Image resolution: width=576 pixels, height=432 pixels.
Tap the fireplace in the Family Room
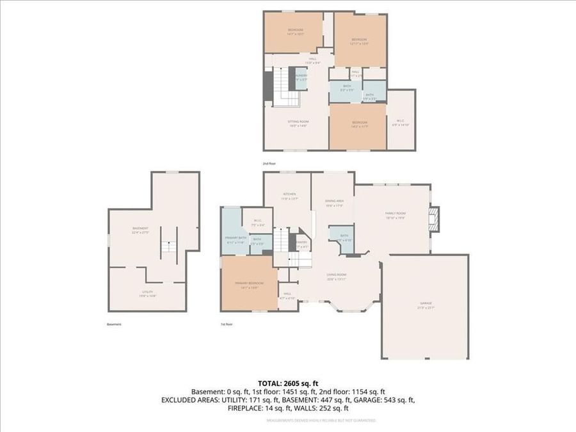pyautogui.click(x=434, y=218)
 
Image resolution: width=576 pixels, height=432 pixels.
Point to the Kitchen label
pyautogui.click(x=289, y=195)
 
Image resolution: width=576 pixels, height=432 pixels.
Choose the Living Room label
pyautogui.click(x=337, y=276)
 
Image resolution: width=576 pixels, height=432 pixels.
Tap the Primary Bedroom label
pyautogui.click(x=249, y=284)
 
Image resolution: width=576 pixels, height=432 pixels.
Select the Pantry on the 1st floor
pyautogui.click(x=302, y=244)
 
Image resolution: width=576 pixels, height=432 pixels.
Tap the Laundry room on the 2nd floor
pyautogui.click(x=301, y=77)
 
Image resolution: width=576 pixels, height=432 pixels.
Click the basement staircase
pyautogui.click(x=168, y=246)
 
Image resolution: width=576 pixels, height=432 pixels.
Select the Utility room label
pyautogui.click(x=148, y=294)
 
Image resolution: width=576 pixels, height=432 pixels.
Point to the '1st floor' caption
pyautogui.click(x=226, y=324)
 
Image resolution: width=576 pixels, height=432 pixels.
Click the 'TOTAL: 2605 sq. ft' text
pyautogui.click(x=287, y=382)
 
